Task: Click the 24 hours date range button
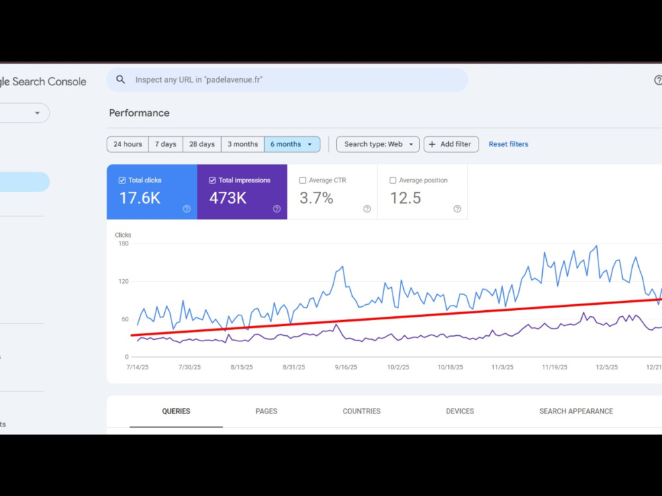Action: pyautogui.click(x=128, y=144)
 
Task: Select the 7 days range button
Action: pyautogui.click(x=165, y=144)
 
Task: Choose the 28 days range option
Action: pyautogui.click(x=202, y=144)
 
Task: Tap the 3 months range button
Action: pyautogui.click(x=243, y=144)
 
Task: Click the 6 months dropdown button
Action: pyautogui.click(x=292, y=144)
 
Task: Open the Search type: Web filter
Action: pyautogui.click(x=378, y=144)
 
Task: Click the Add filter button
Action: pyautogui.click(x=451, y=144)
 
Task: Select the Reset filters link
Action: pyautogui.click(x=508, y=144)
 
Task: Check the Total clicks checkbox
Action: pyautogui.click(x=122, y=181)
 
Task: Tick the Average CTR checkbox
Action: pyautogui.click(x=303, y=181)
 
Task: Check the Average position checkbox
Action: pyautogui.click(x=393, y=181)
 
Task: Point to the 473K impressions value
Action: pyautogui.click(x=228, y=198)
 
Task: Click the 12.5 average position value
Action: pyautogui.click(x=405, y=198)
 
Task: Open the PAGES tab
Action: pyautogui.click(x=266, y=411)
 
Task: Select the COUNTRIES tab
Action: pyautogui.click(x=361, y=411)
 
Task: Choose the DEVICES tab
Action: pyautogui.click(x=460, y=411)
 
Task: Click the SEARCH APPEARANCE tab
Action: pyautogui.click(x=576, y=411)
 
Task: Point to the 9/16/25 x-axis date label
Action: pyautogui.click(x=346, y=367)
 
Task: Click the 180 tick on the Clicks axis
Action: pyautogui.click(x=123, y=244)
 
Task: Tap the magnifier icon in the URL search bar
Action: pyautogui.click(x=120, y=80)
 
